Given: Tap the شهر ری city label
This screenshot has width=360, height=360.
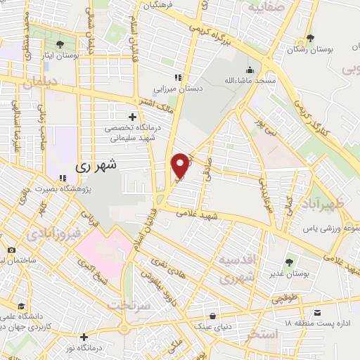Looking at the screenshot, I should [98, 167].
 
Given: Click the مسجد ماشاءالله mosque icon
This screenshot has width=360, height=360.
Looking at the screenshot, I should [250, 70].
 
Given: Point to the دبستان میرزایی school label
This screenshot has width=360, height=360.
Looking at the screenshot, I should [179, 89].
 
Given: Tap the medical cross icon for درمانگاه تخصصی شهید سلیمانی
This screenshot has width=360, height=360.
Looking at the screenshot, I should [132, 117].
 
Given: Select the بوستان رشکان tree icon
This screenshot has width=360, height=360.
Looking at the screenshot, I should [309, 38].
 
